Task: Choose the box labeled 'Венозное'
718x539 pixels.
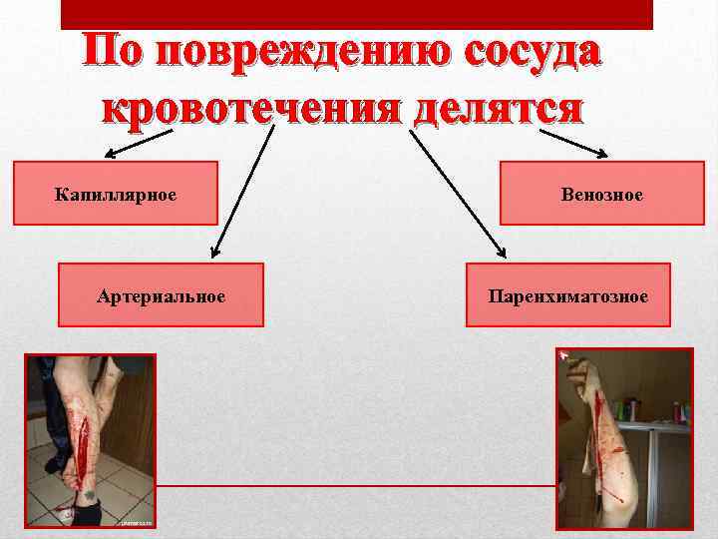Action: click(601, 194)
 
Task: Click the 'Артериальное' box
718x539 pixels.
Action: click(161, 295)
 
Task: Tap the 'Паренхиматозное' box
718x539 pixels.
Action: click(567, 295)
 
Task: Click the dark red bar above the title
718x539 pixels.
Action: click(356, 13)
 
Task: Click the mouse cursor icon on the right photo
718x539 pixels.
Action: click(564, 353)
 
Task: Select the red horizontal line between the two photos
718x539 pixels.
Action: click(355, 484)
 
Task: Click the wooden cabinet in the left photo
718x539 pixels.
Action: click(135, 399)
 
